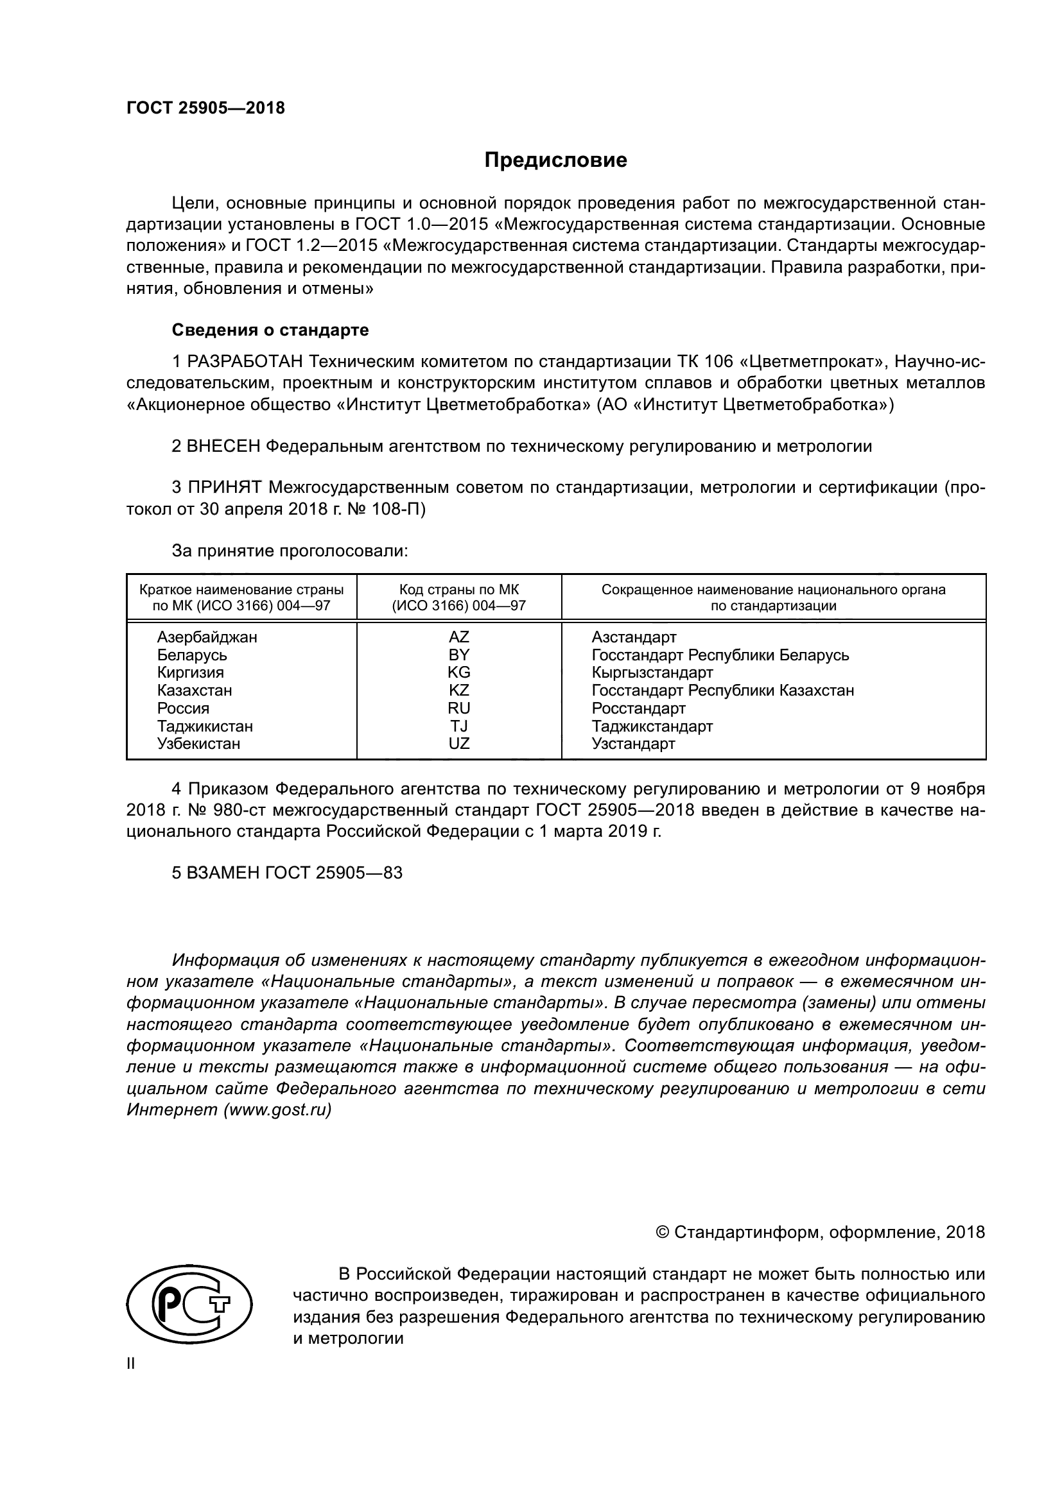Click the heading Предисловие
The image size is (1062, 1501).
coord(555,160)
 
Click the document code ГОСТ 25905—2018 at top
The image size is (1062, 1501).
coord(205,108)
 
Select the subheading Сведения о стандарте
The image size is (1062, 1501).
coord(270,330)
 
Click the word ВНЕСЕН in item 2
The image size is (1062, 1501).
coord(223,447)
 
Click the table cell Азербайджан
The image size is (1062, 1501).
coord(207,637)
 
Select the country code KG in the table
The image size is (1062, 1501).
coord(458,672)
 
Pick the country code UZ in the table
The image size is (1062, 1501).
coord(458,743)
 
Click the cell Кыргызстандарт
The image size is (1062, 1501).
coord(652,672)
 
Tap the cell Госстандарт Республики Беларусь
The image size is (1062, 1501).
coord(720,655)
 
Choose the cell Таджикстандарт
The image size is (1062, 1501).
coord(652,726)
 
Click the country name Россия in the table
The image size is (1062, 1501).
coord(183,708)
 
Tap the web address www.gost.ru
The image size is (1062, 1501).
coord(277,1110)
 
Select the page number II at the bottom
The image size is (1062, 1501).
coord(131,1364)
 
